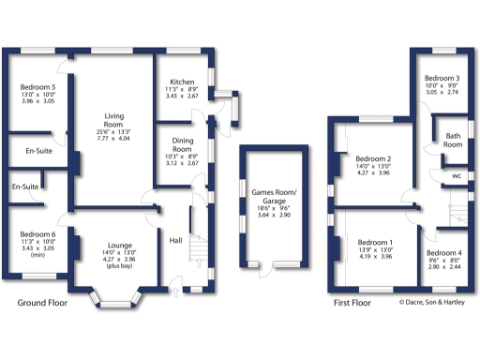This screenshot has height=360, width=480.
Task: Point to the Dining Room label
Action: click(x=182, y=145)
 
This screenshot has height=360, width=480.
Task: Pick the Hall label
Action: click(x=175, y=241)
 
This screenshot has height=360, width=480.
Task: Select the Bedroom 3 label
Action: click(x=442, y=78)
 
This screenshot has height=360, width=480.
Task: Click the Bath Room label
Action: click(x=453, y=140)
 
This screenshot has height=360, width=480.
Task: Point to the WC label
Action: click(x=456, y=175)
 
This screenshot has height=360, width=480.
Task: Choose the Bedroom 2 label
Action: click(x=373, y=158)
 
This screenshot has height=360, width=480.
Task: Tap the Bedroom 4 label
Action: click(x=443, y=254)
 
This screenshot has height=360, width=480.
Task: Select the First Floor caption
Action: click(x=352, y=304)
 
